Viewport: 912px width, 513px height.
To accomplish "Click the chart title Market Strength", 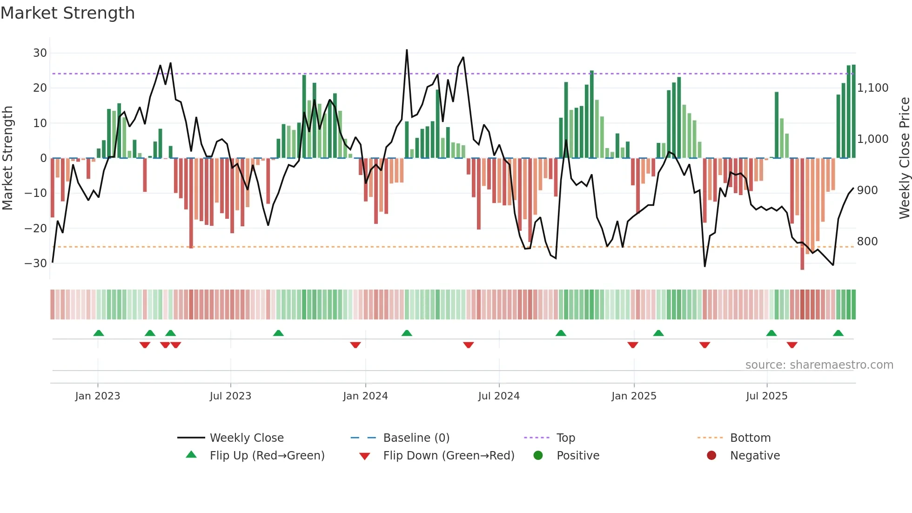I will (67, 13).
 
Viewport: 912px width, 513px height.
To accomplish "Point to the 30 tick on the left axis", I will (40, 53).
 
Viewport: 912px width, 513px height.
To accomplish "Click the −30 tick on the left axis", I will (36, 263).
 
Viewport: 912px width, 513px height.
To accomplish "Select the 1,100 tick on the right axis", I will (872, 88).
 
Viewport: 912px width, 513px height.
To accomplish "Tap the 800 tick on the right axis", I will (867, 242).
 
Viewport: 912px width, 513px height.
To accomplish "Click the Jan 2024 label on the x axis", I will (365, 396).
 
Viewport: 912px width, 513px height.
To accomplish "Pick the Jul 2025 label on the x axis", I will (766, 396).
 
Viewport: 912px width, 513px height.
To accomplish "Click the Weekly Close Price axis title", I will (904, 158).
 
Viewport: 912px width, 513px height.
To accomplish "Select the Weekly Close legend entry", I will (246, 438).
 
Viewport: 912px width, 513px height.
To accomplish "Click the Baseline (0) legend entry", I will (416, 438).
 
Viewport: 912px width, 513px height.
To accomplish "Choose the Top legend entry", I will (565, 438).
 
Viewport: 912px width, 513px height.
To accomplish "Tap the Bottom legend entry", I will (750, 438).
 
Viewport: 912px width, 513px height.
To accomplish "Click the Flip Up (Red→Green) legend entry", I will (267, 456).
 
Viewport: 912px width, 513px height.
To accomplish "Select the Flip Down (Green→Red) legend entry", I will (449, 456).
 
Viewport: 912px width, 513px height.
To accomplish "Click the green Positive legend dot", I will (538, 456).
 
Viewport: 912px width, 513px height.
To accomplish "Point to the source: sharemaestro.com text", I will (819, 365).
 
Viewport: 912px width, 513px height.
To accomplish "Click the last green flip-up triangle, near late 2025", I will (838, 333).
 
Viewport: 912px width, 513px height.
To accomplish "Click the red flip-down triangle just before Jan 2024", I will (355, 345).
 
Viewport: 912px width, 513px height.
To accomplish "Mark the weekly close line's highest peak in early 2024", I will (407, 50).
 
